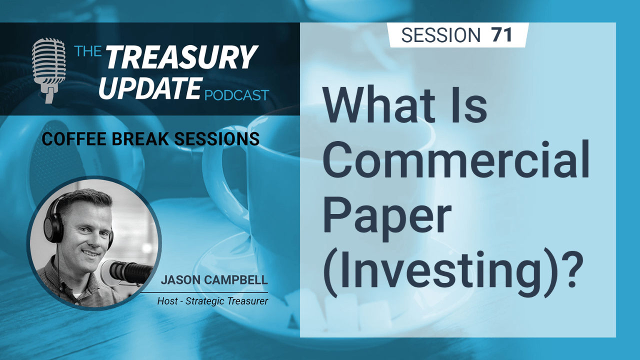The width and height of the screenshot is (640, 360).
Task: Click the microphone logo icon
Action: point(48,70)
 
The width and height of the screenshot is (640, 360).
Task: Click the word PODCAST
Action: point(236,94)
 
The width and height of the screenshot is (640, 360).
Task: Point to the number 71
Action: point(501,35)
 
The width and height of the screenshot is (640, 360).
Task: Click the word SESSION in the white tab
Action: point(440,35)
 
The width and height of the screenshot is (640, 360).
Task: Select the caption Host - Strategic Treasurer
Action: point(212,301)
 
